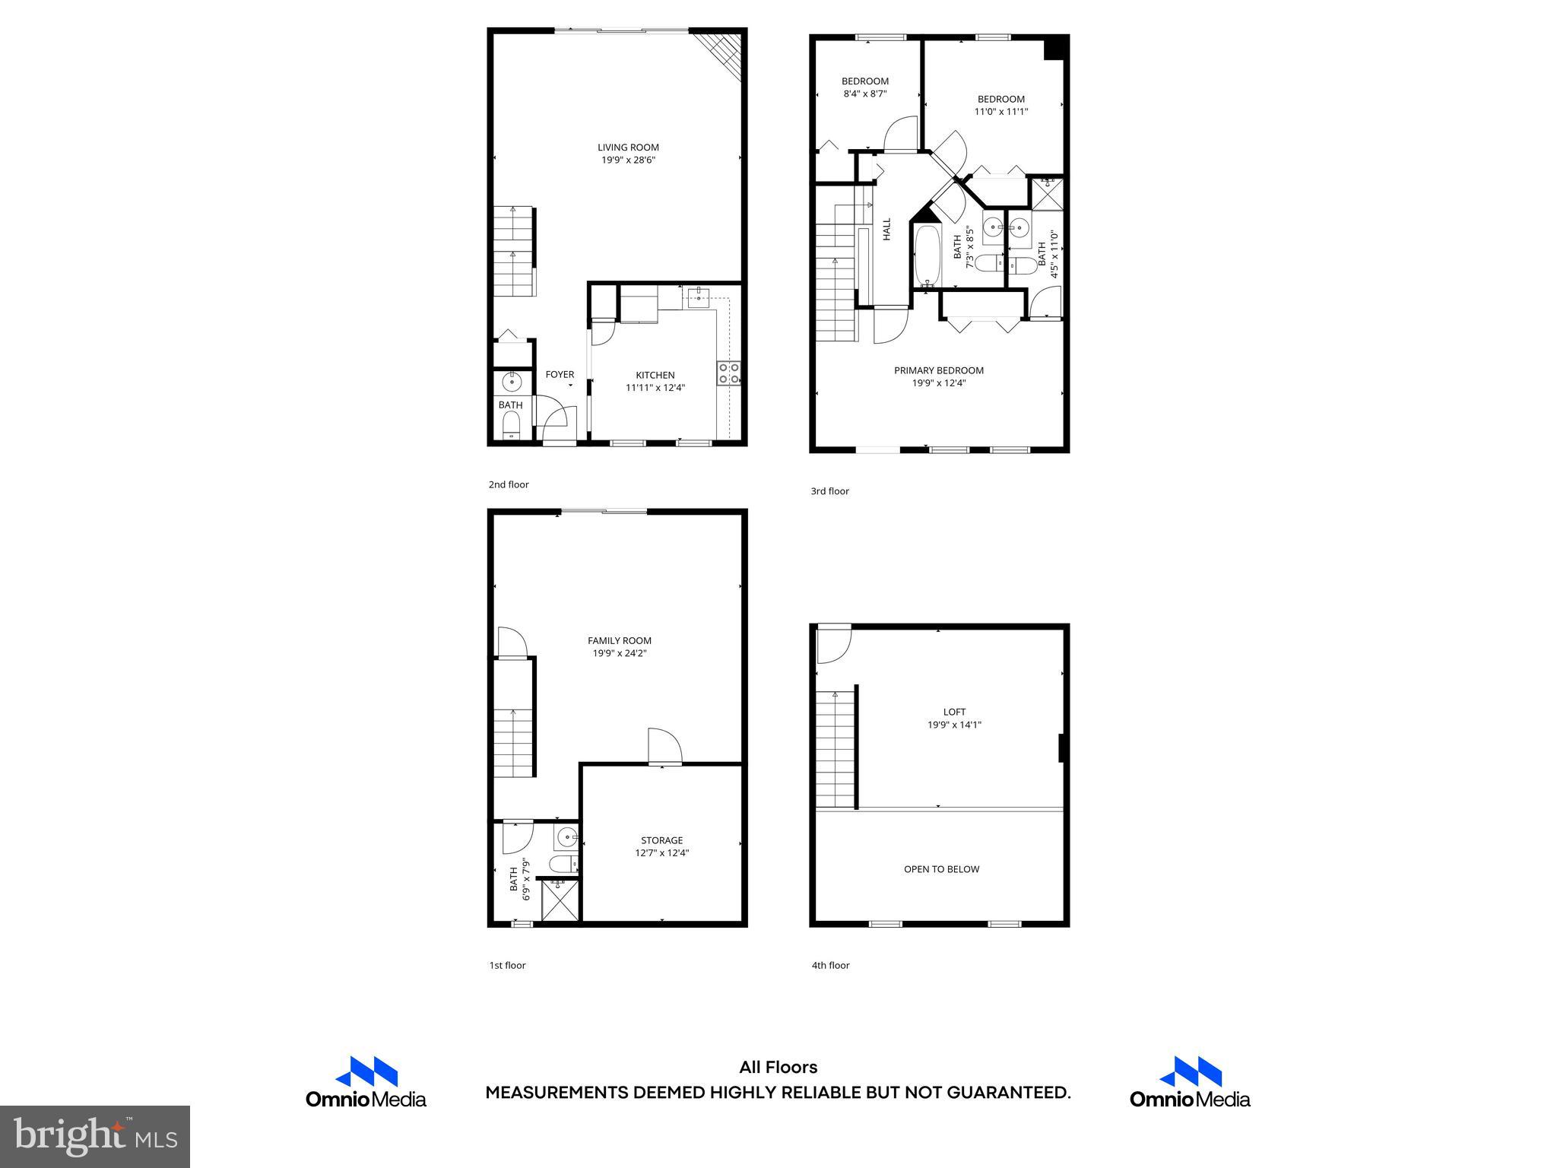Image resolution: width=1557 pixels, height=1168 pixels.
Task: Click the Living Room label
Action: (628, 148)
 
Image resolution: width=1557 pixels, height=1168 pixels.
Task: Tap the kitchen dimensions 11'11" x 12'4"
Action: (655, 388)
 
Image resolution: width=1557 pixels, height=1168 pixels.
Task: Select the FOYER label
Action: (560, 374)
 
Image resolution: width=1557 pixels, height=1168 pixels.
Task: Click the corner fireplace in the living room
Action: (723, 50)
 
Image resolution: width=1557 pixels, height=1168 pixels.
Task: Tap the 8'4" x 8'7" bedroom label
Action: (865, 94)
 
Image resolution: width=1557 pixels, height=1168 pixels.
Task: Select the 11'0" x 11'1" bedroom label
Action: (1001, 112)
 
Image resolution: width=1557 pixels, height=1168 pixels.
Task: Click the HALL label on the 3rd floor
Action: (886, 230)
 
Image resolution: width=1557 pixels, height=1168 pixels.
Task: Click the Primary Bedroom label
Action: (939, 370)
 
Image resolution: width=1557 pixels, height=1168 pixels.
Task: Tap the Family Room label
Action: (620, 640)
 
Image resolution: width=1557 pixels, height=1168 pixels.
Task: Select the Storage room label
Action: (661, 840)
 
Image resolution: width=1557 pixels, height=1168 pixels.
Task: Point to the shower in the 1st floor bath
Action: (560, 900)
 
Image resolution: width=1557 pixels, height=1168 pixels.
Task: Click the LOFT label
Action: (954, 712)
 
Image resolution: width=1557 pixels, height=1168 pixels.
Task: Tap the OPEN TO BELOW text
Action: (941, 869)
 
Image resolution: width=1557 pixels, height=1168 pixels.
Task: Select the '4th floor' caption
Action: (830, 965)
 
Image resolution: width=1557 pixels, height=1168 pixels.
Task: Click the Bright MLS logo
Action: (95, 1136)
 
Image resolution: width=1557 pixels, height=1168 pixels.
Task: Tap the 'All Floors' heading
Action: (778, 1068)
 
